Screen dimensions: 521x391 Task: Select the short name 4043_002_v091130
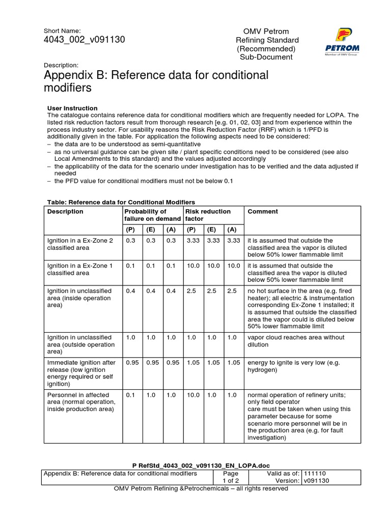pyautogui.click(x=85, y=40)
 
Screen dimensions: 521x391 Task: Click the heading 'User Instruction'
pyautogui.click(x=72, y=108)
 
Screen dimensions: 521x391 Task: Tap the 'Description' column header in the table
pyautogui.click(x=65, y=212)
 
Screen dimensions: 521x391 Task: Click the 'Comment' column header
pyautogui.click(x=263, y=212)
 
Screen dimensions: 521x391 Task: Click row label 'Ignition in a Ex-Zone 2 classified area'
pyautogui.click(x=80, y=244)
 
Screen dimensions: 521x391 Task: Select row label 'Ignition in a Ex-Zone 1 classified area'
pyautogui.click(x=80, y=269)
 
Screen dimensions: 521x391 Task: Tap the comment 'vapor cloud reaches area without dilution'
pyautogui.click(x=296, y=341)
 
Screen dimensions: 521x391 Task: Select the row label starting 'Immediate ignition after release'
pyautogui.click(x=81, y=373)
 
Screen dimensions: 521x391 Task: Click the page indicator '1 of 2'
pyautogui.click(x=227, y=480)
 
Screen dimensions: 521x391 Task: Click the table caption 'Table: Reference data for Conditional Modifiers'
pyautogui.click(x=121, y=202)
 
